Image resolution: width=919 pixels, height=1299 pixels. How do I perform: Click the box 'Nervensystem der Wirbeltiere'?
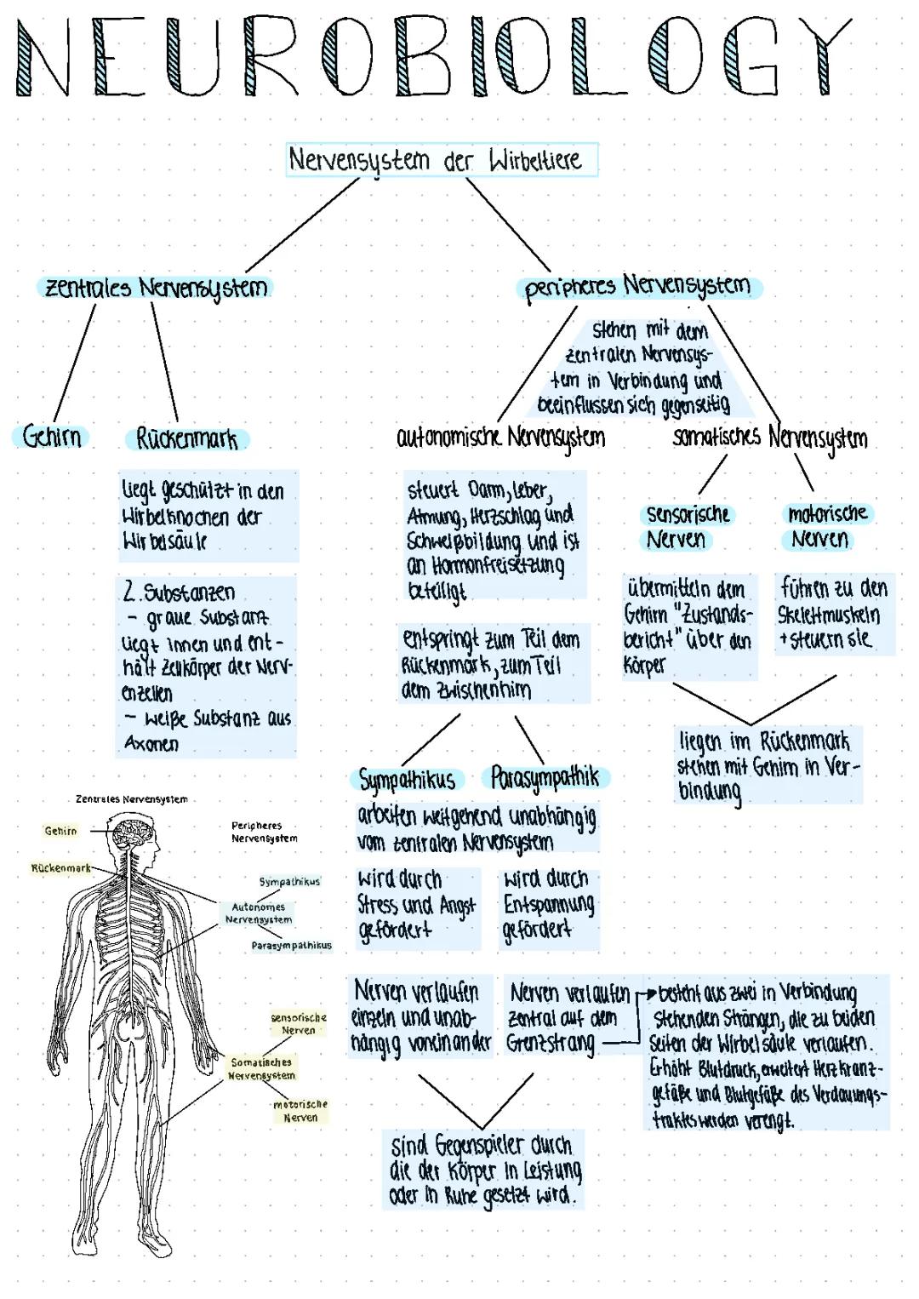(x=441, y=160)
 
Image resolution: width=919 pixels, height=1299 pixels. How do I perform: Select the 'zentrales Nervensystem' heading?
(x=156, y=288)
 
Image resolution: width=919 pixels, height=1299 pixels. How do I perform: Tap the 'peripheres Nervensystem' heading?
(x=638, y=287)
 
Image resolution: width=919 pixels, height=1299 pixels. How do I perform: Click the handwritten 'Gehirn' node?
(x=52, y=437)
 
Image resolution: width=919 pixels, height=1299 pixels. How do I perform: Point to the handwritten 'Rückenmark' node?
(x=187, y=439)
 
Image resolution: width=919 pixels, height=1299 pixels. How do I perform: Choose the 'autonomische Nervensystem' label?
(x=501, y=438)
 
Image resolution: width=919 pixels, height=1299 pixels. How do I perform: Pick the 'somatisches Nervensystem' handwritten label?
(x=770, y=438)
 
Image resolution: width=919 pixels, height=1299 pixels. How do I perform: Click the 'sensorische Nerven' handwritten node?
(x=688, y=526)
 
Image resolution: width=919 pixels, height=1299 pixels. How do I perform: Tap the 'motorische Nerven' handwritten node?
(x=827, y=526)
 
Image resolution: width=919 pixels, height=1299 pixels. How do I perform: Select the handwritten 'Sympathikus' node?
(x=407, y=780)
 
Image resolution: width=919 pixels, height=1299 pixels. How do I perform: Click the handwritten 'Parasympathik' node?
(x=545, y=777)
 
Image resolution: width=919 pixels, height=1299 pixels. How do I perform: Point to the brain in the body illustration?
(x=133, y=833)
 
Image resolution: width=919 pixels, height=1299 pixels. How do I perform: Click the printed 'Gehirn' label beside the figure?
(x=60, y=831)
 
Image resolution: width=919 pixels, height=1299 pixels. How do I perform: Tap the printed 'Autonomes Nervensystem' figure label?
(x=259, y=913)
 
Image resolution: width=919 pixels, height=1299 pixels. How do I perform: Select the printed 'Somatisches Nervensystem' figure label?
(x=261, y=1069)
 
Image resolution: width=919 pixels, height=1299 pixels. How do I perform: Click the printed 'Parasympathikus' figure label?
(x=291, y=946)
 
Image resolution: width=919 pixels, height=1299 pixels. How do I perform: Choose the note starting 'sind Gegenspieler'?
(x=484, y=1170)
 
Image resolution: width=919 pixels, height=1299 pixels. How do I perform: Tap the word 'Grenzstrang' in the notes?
(x=551, y=1043)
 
